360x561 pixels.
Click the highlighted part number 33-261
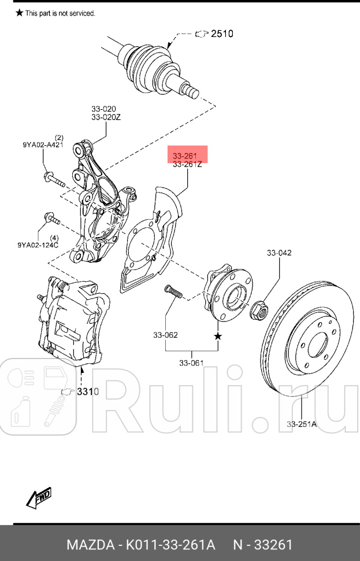pyautogui.click(x=187, y=156)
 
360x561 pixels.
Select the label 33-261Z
pyautogui.click(x=187, y=165)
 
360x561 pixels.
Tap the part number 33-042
pyautogui.click(x=279, y=253)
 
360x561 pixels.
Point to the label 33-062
pyautogui.click(x=165, y=335)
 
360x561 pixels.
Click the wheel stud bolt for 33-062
pyautogui.click(x=173, y=292)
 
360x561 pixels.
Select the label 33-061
pyautogui.click(x=191, y=363)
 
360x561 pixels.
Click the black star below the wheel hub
pyautogui.click(x=218, y=335)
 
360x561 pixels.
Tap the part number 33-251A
pyautogui.click(x=302, y=424)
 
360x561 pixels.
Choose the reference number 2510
pyautogui.click(x=222, y=34)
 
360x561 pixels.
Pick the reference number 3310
pyautogui.click(x=88, y=392)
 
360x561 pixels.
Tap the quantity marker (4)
pyautogui.click(x=54, y=238)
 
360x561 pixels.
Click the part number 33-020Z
pyautogui.click(x=105, y=117)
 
